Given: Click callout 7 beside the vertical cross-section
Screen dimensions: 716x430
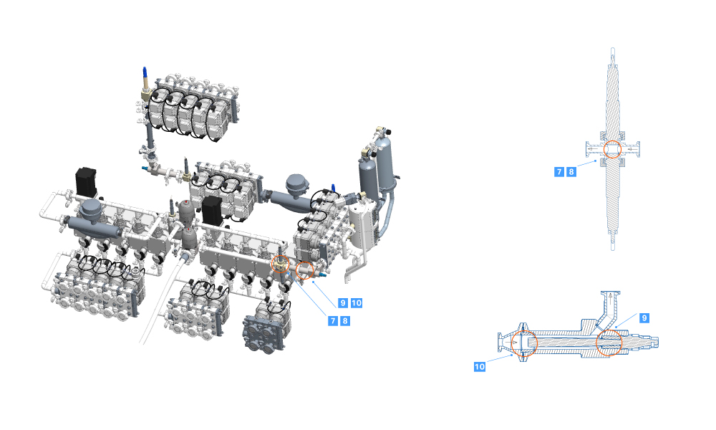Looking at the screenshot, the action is point(559,172).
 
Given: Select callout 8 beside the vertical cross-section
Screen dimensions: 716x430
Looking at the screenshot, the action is point(571,172).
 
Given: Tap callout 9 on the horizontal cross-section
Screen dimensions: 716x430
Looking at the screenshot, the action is point(644,318).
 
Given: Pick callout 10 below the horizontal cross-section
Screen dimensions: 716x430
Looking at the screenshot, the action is point(480,366).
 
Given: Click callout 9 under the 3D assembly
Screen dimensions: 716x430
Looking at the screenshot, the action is point(343,303).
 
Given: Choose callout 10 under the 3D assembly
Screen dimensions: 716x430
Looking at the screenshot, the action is point(357,303).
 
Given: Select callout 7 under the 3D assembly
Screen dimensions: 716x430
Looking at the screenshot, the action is point(334,321).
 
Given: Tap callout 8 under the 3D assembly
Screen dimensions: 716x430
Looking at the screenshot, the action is point(345,321).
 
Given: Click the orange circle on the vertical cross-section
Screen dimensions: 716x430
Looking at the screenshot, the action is point(612,141).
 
